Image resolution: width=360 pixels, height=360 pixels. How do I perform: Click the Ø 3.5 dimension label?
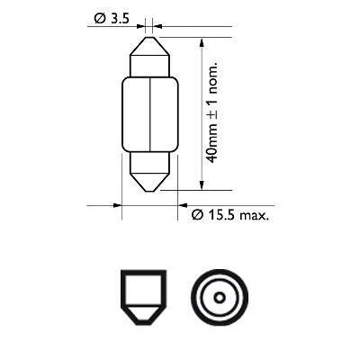tap(112, 19)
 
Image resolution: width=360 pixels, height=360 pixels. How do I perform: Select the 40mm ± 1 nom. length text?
tap(212, 113)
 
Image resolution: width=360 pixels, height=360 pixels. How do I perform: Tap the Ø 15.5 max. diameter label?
tap(230, 215)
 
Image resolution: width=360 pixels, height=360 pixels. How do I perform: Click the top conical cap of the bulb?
tap(149, 46)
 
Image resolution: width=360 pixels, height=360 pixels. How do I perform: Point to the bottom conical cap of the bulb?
tap(149, 183)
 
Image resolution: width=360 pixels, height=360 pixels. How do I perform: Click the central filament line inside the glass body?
tap(149, 114)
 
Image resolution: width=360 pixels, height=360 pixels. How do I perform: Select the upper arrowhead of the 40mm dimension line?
tap(202, 42)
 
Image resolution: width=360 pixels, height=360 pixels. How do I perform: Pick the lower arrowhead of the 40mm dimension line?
tap(202, 184)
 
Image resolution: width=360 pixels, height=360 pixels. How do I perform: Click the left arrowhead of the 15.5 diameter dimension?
tap(117, 205)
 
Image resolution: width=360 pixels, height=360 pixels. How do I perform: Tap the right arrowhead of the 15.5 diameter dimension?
tap(183, 205)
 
